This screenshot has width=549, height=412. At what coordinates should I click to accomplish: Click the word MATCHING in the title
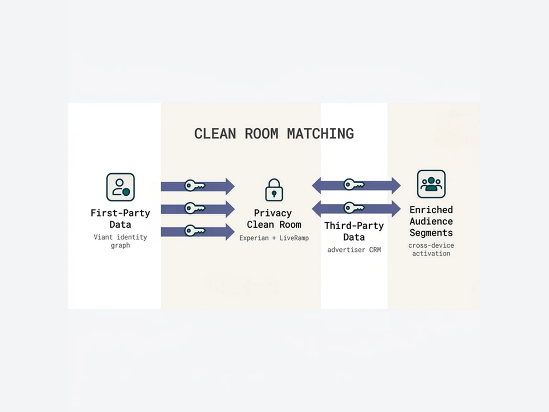click(320, 134)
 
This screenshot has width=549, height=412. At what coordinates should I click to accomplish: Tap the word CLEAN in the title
click(215, 134)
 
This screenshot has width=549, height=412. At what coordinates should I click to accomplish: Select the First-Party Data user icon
click(120, 187)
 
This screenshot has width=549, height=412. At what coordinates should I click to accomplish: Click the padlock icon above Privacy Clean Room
click(274, 190)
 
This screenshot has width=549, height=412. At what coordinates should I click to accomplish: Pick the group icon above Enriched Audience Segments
click(431, 184)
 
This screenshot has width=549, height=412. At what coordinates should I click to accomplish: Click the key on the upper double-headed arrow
click(354, 185)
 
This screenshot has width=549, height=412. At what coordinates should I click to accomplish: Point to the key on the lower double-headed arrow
click(354, 208)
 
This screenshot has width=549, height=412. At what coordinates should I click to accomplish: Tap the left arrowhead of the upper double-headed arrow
click(317, 186)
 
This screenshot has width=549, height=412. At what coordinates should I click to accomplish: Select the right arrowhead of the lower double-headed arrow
click(396, 209)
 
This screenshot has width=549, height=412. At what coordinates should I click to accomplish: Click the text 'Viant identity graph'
click(120, 241)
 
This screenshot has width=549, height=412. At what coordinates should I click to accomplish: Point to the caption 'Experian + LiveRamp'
click(274, 238)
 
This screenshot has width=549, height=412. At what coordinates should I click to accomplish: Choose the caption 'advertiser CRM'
click(354, 250)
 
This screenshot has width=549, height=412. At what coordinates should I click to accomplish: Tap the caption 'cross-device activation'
click(431, 250)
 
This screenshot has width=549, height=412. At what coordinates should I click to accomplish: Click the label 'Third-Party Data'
click(354, 231)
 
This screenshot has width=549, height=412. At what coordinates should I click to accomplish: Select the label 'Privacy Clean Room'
click(274, 219)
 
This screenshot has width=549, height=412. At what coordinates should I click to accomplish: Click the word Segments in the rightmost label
click(431, 233)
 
